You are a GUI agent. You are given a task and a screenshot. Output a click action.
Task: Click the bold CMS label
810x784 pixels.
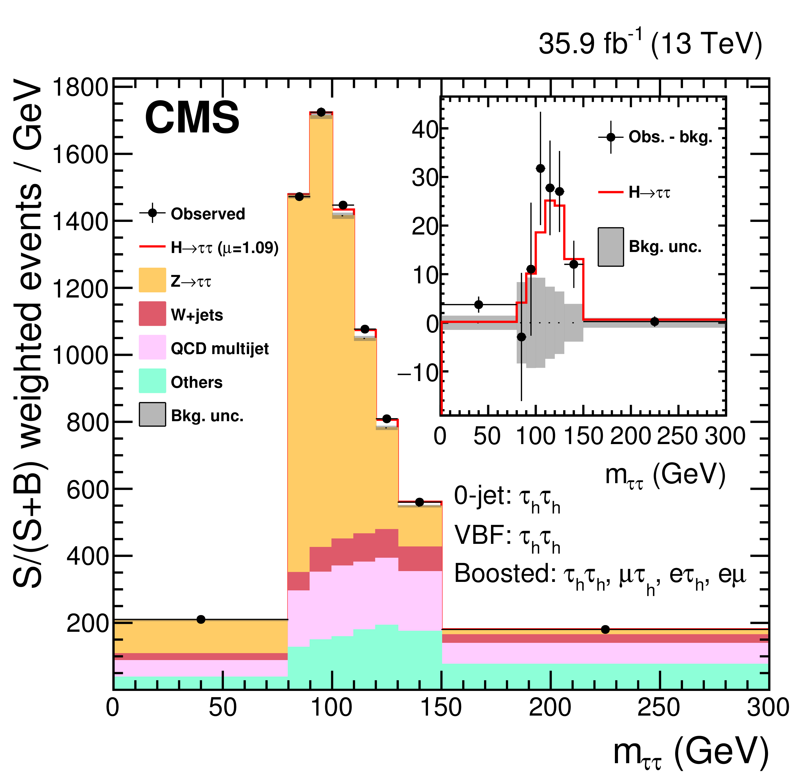pyautogui.click(x=192, y=118)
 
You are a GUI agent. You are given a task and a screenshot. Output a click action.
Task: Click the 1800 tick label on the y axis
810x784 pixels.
pyautogui.click(x=80, y=88)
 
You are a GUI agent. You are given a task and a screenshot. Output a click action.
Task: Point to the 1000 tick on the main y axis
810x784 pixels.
pyautogui.click(x=80, y=355)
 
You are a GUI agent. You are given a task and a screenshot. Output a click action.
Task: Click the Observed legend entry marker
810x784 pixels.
pyautogui.click(x=152, y=213)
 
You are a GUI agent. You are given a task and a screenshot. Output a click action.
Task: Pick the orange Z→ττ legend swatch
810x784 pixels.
pyautogui.click(x=152, y=280)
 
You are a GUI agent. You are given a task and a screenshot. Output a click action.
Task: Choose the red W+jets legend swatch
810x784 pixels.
pyautogui.click(x=152, y=314)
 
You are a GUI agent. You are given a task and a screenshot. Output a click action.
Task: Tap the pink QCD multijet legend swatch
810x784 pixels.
pyautogui.click(x=152, y=347)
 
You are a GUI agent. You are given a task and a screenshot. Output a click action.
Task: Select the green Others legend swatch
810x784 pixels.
pyautogui.click(x=152, y=381)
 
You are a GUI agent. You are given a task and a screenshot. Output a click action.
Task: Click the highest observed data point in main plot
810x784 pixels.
pyautogui.click(x=321, y=112)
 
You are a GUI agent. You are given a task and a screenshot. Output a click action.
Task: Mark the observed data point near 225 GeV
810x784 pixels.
pyautogui.click(x=605, y=629)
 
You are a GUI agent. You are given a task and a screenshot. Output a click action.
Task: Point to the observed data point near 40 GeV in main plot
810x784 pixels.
pyautogui.click(x=201, y=619)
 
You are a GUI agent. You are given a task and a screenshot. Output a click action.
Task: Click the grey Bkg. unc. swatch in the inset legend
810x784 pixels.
pyautogui.click(x=611, y=247)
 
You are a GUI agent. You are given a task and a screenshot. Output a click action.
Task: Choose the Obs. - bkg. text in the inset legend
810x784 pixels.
pyautogui.click(x=670, y=137)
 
